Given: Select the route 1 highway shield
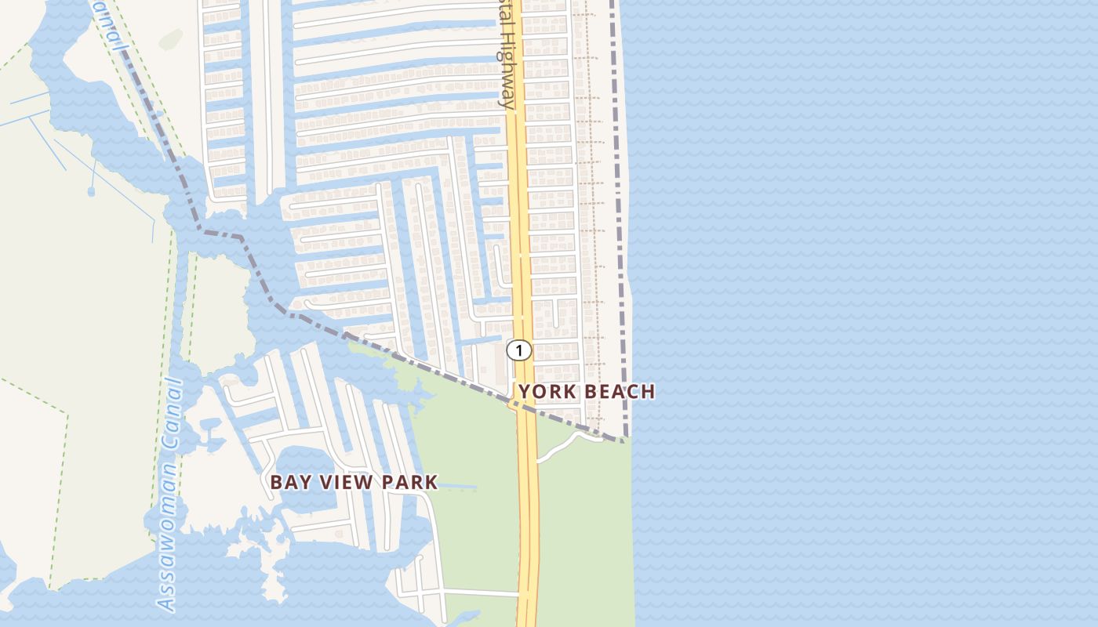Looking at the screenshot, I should pos(518,350).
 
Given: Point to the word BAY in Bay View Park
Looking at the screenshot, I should pos(287,482).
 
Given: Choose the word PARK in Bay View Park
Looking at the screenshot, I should pos(409,482).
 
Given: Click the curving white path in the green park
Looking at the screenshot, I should pos(561,444).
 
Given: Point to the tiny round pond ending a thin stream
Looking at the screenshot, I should pos(91,190).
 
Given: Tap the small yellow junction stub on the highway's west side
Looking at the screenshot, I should pos(513,404).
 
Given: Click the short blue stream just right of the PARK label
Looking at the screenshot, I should pos(458,487).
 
